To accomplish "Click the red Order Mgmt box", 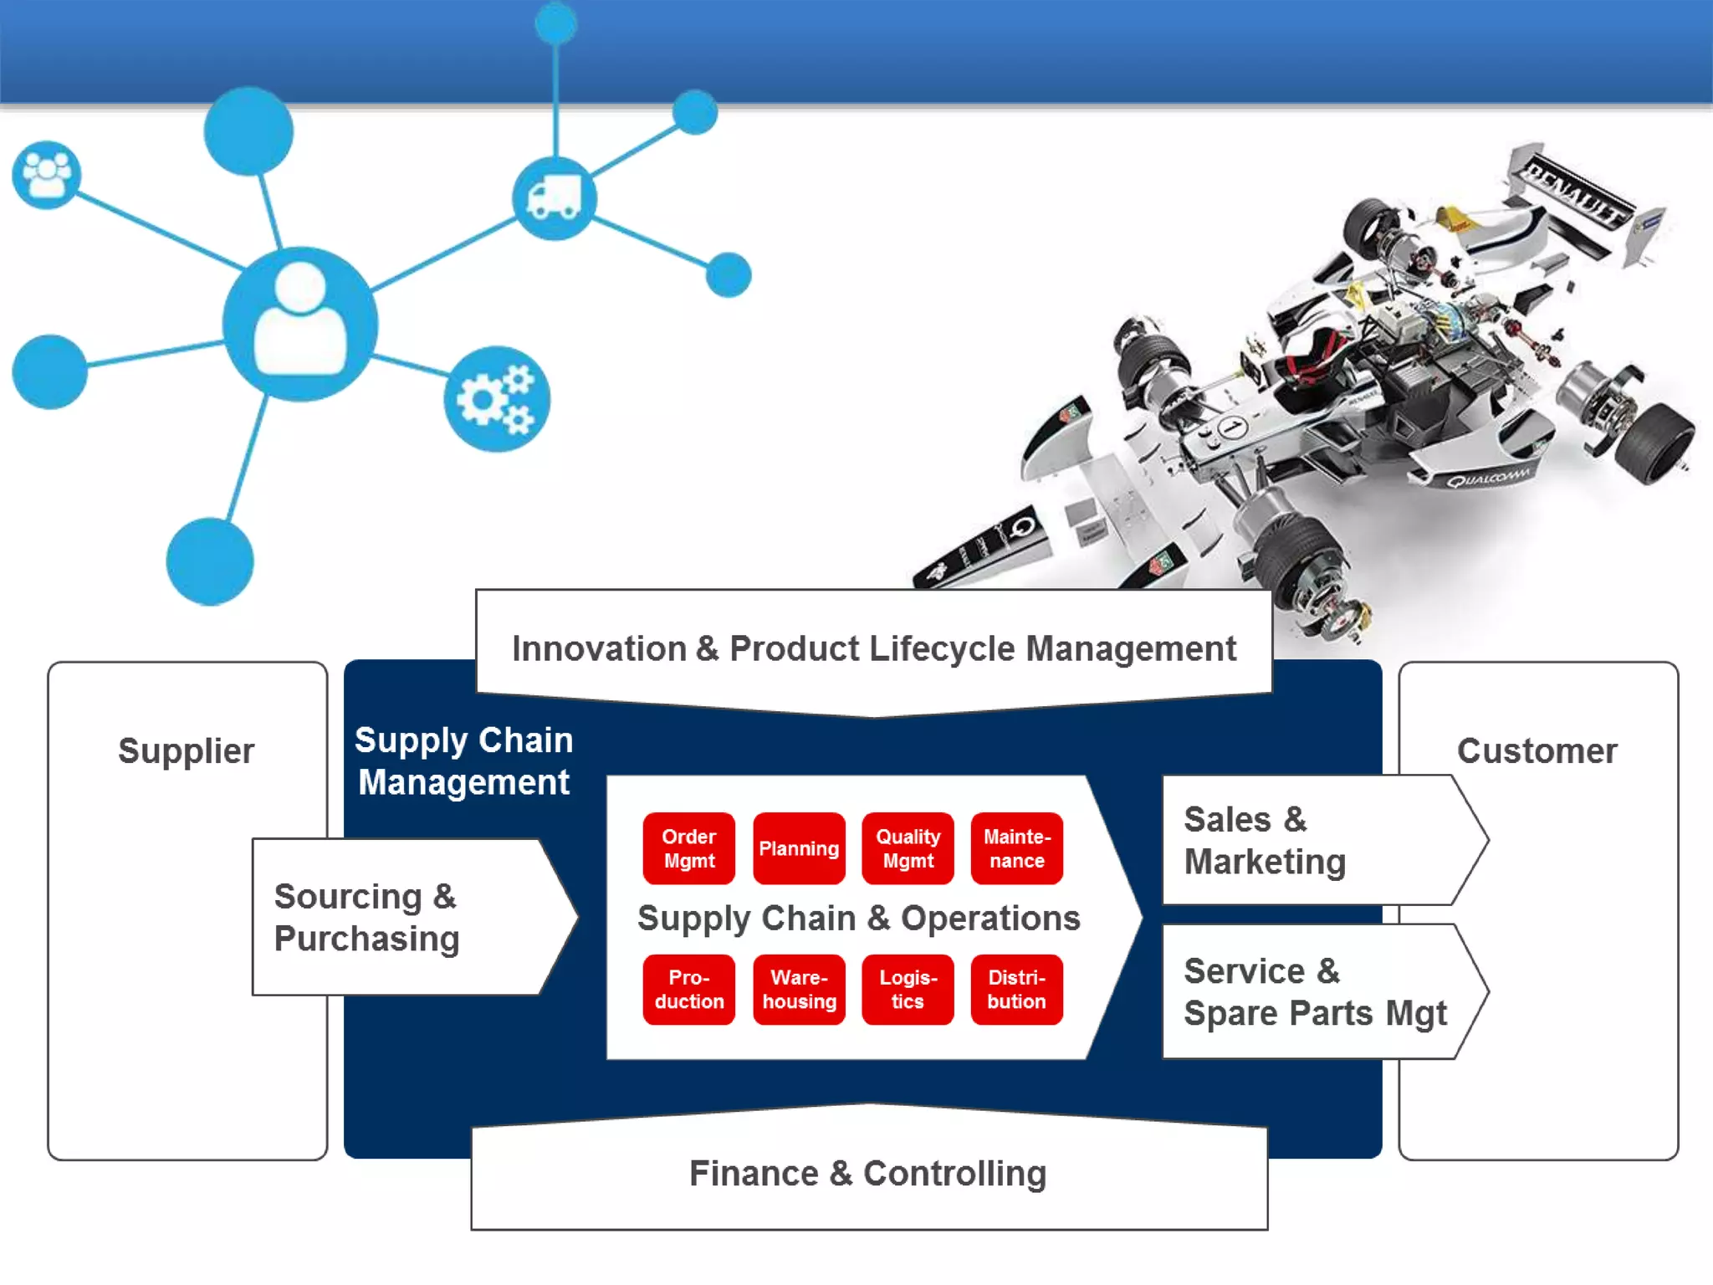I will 688,848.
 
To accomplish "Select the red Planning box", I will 799,848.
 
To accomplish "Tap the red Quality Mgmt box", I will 908,848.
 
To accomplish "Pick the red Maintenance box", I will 1016,848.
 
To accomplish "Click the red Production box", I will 688,990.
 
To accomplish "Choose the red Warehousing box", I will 799,990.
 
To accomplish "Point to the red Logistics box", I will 908,990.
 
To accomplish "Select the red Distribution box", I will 1016,990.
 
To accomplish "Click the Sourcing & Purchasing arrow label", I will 366,917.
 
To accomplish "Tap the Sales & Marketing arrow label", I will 1265,840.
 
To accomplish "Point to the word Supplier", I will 186,750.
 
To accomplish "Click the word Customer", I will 1537,750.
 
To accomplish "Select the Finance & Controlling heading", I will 867,1173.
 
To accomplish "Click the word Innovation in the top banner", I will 599,648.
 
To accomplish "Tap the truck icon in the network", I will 554,198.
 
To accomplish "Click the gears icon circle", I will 497,399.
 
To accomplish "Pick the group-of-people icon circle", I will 47,175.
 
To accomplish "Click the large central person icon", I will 299,323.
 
